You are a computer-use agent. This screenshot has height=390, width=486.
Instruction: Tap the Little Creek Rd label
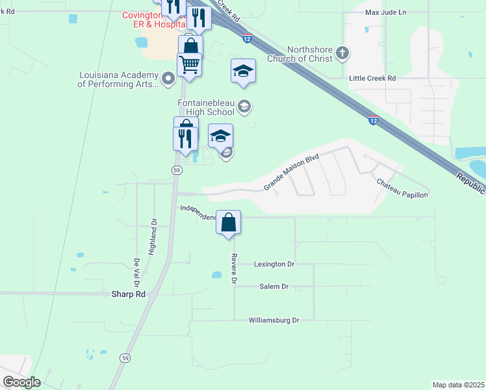tap(372, 78)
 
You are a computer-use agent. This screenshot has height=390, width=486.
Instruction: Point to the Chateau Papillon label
tap(402, 188)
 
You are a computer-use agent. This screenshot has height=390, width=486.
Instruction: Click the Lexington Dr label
tap(274, 265)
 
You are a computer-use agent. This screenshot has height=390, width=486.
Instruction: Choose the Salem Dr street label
tap(274, 287)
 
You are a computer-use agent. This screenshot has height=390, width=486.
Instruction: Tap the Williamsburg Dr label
tap(274, 320)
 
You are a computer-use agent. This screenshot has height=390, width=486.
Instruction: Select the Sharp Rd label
tap(127, 294)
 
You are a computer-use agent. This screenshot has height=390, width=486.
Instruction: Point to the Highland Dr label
tap(153, 237)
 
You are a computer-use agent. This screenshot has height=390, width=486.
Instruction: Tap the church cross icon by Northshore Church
tap(344, 53)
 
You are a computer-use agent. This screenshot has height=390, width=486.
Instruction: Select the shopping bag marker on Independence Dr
tap(229, 223)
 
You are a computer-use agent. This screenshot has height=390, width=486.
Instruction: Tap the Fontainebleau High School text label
tap(205, 107)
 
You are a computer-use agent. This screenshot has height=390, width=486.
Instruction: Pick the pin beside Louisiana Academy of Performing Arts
tap(168, 79)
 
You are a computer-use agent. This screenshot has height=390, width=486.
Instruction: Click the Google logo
tap(21, 382)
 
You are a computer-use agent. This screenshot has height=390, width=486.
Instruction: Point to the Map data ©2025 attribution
tap(457, 385)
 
